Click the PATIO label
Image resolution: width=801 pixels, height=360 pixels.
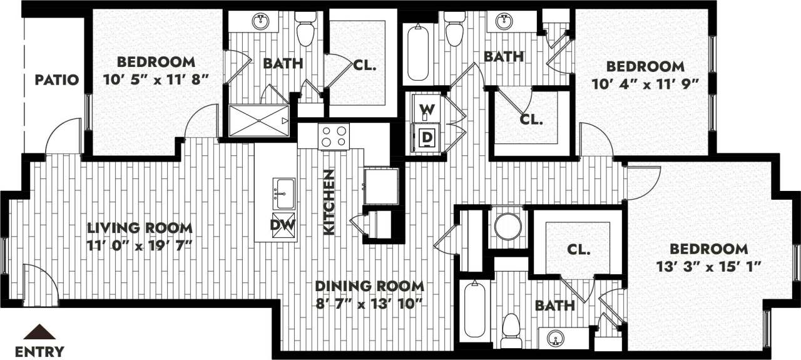56,80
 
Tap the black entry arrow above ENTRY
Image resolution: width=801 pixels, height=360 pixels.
39,332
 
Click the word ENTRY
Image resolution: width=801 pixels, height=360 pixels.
39,351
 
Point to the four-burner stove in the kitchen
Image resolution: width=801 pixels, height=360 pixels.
333,136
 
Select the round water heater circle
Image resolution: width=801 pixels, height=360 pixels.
508,227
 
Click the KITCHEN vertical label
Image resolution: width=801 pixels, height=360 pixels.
329,202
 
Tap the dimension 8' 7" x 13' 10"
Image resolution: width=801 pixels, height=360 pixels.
369,303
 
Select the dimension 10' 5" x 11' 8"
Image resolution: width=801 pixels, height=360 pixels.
155,79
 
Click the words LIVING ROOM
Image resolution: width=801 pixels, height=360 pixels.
140,228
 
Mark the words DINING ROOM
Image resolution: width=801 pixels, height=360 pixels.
369,286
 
